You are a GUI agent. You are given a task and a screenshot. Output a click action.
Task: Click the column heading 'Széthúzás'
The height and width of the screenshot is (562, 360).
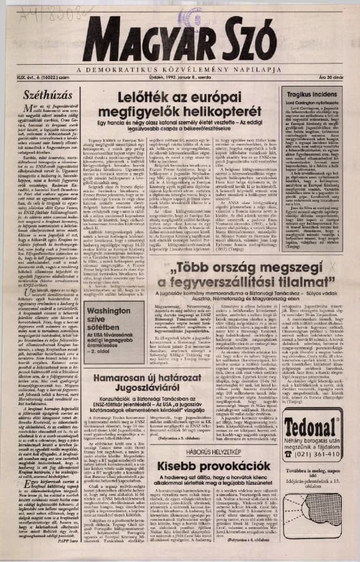tap(43, 95)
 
